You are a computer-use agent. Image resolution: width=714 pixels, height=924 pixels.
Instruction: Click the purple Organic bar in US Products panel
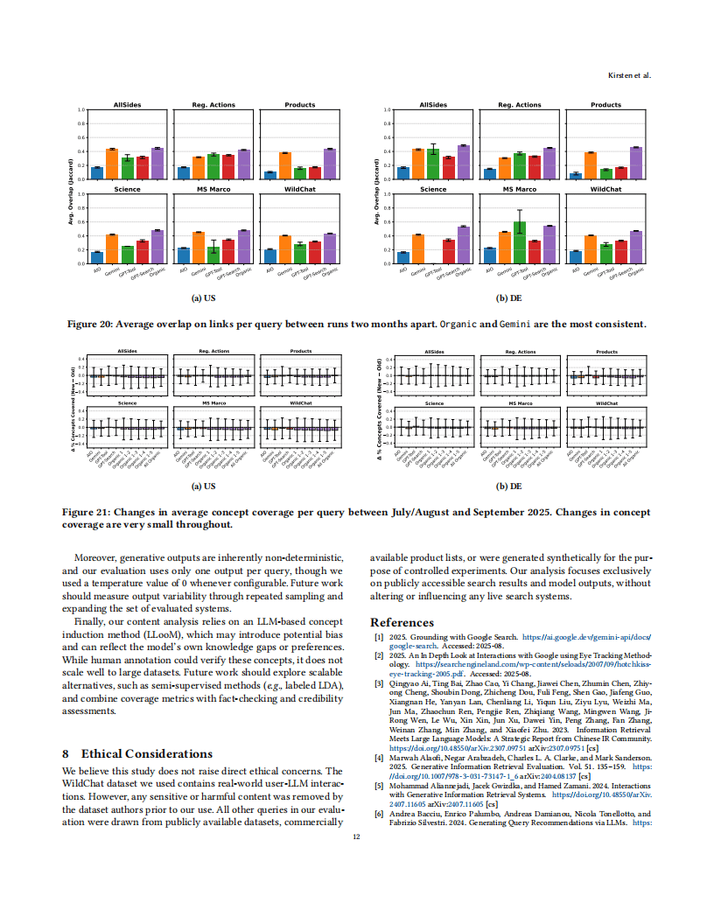(329, 164)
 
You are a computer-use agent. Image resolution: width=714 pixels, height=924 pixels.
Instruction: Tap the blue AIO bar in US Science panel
(97, 257)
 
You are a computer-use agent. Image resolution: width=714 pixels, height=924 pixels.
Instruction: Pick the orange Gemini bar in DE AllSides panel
(418, 164)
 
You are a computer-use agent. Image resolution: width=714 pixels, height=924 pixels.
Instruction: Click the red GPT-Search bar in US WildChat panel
(314, 253)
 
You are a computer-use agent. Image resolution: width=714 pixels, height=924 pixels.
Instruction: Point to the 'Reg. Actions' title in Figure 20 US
(213, 105)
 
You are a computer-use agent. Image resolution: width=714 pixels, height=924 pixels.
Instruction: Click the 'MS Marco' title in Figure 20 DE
(520, 189)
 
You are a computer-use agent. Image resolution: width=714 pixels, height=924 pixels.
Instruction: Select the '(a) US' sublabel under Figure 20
(204, 297)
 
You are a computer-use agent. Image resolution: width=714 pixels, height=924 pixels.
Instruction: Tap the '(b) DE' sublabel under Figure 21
(509, 486)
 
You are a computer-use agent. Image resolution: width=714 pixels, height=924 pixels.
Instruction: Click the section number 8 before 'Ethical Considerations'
(66, 753)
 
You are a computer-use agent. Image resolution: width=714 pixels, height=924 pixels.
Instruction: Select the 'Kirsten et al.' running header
(629, 76)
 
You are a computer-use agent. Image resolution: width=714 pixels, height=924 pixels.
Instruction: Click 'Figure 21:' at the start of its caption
(86, 511)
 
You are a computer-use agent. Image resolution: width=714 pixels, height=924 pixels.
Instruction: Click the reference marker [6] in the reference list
(379, 814)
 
